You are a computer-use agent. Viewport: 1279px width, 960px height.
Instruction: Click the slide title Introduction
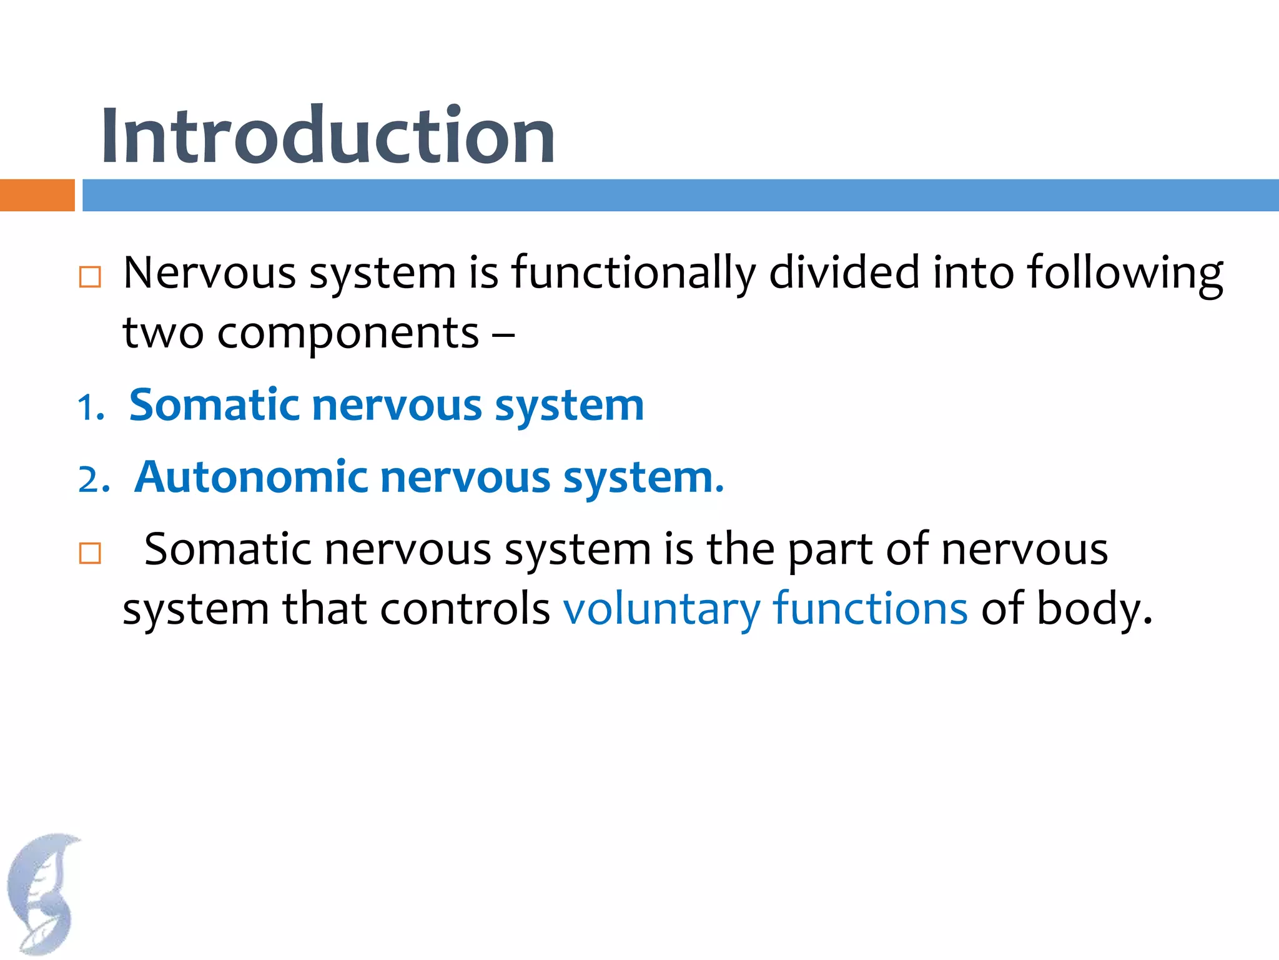tap(327, 136)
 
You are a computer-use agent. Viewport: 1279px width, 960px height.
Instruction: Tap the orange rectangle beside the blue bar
tap(37, 195)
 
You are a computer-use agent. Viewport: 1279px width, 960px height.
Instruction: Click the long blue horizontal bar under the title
tap(680, 195)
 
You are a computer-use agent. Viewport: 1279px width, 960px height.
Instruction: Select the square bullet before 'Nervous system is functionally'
tap(90, 276)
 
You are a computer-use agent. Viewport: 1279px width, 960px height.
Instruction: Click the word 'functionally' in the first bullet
tap(633, 274)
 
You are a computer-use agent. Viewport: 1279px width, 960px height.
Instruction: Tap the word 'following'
tap(1125, 274)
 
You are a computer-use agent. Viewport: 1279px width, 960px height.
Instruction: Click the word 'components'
tap(348, 334)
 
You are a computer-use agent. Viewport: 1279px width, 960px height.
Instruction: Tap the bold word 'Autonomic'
tap(250, 477)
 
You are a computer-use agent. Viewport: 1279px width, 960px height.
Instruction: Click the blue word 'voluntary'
tap(661, 609)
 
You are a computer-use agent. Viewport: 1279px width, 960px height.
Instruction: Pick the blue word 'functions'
tap(870, 608)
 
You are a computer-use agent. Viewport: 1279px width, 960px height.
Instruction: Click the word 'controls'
tap(465, 608)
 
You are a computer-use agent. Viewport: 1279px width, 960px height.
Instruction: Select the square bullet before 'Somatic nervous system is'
tap(90, 553)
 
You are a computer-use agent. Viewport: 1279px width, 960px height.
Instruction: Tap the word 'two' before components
tap(162, 332)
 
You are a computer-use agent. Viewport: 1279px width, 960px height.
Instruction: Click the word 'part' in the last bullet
tap(829, 551)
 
